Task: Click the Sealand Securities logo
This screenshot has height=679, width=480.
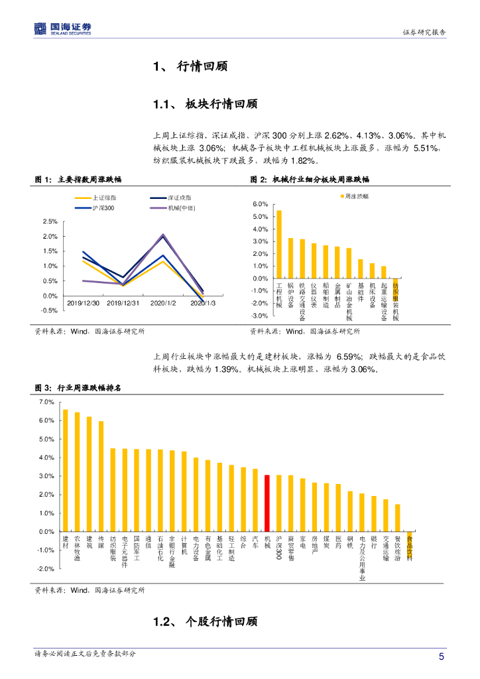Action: [x=63, y=29]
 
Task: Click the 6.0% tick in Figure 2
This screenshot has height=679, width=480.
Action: [x=261, y=204]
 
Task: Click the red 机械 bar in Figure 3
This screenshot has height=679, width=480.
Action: [x=267, y=503]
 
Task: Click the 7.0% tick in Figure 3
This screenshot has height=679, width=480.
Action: [x=46, y=402]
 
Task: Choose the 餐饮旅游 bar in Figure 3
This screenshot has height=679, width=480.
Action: [x=398, y=518]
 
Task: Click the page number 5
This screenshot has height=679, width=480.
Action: [x=442, y=656]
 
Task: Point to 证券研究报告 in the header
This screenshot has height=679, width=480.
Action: [x=424, y=32]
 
